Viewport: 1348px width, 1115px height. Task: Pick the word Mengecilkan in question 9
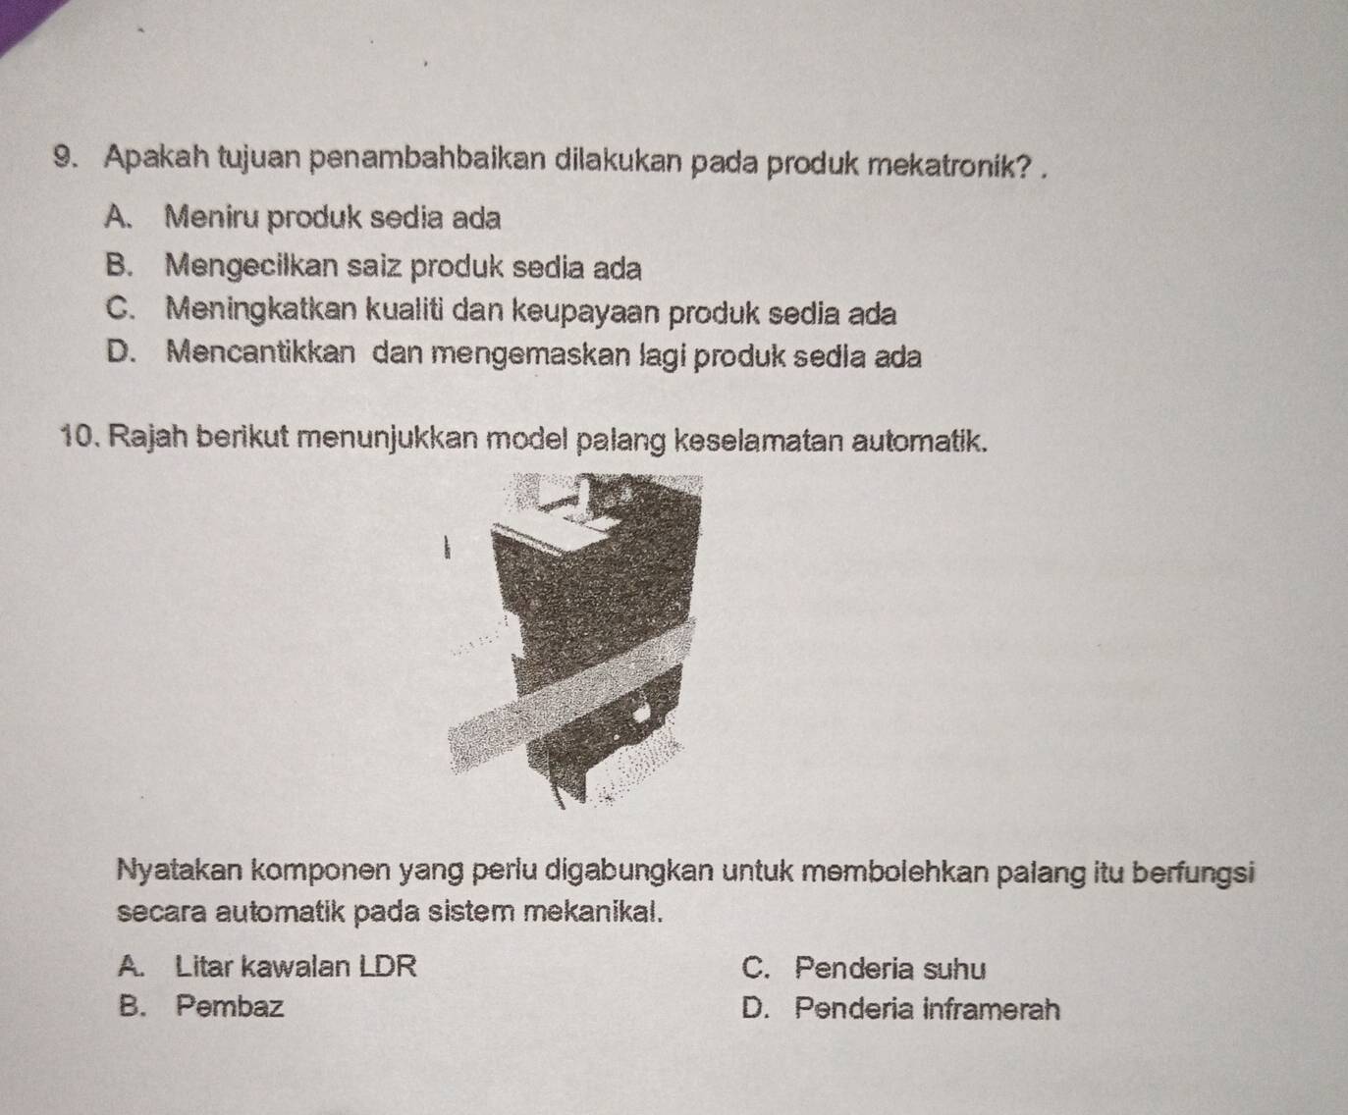252,266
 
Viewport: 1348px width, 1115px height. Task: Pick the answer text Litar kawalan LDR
296,967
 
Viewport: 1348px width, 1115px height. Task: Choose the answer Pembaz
232,1007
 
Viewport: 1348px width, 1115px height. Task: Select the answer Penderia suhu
890,969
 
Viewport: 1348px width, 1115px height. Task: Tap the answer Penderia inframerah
928,1009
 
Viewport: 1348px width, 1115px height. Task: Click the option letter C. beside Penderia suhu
757,969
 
